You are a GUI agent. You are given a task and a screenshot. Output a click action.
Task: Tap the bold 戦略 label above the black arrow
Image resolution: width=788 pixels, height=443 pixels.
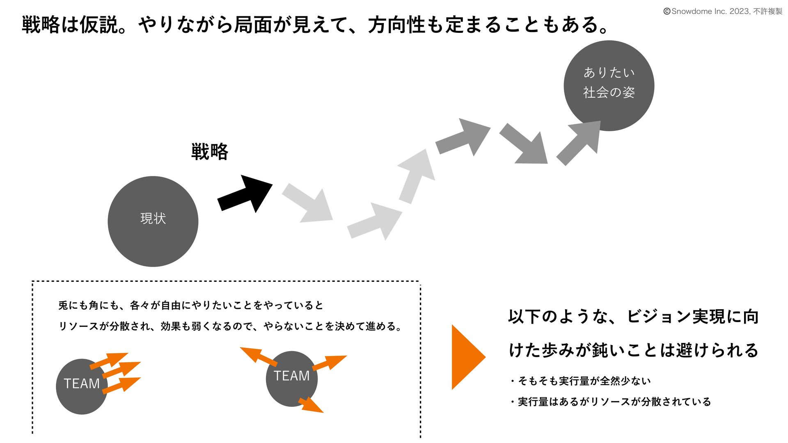click(210, 152)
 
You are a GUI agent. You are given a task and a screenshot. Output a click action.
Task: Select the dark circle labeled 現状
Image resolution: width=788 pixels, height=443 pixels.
click(153, 221)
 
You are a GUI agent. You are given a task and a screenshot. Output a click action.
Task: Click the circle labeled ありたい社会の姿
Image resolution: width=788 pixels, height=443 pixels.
click(609, 85)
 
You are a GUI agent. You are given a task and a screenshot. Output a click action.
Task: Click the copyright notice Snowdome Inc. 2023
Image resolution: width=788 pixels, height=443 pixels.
click(722, 11)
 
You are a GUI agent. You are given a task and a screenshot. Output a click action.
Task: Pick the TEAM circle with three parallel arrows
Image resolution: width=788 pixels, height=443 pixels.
click(81, 386)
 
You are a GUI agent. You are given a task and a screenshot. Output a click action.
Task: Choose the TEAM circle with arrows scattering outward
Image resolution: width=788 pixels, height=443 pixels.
click(291, 379)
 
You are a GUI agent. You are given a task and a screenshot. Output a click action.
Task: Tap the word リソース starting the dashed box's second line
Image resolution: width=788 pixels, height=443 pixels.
click(78, 327)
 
